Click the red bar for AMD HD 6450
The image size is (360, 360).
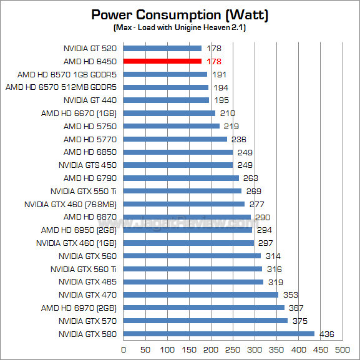(162, 61)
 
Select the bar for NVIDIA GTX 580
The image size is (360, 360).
(219, 334)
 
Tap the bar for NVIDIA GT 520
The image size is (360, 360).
(162, 48)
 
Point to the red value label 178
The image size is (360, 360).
(214, 61)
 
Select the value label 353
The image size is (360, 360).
(290, 294)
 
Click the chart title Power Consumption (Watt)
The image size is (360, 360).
(180, 14)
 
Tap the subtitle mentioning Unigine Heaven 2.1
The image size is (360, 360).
(180, 29)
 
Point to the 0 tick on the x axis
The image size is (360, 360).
(124, 349)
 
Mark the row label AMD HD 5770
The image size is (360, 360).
(90, 139)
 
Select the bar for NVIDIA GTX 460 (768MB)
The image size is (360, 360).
(184, 204)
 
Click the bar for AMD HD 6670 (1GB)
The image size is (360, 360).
(169, 113)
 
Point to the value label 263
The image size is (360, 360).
(251, 178)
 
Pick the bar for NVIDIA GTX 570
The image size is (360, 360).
(205, 321)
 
